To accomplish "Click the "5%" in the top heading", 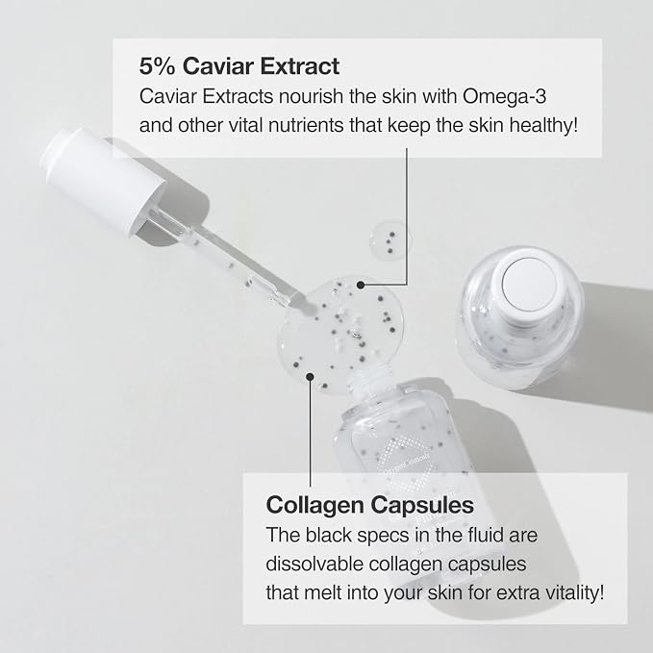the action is (157, 66).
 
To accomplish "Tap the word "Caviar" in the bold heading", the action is (217, 66).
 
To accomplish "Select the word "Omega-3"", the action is (504, 96).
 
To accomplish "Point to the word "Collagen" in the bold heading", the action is (314, 505).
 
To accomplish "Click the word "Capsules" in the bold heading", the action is (422, 505).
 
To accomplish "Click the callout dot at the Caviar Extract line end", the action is (361, 285).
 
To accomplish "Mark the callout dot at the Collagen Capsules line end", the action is (310, 377).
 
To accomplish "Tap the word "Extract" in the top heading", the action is (300, 66).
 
